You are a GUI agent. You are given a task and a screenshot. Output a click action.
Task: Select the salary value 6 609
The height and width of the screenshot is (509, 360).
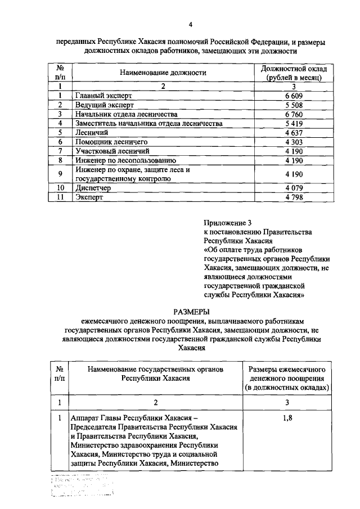(294, 96)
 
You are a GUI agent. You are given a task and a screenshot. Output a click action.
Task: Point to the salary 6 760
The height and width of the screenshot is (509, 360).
(294, 114)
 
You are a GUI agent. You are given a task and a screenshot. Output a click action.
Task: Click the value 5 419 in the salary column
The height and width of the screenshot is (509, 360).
(294, 123)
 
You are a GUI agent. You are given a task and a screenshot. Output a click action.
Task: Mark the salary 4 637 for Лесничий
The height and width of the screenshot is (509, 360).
(294, 133)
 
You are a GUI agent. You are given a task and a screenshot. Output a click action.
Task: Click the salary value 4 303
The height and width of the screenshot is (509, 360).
(294, 142)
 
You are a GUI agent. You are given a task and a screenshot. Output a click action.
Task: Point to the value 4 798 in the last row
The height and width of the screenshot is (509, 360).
(294, 197)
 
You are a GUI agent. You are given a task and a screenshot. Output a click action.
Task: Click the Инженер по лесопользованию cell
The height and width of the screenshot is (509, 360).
(122, 160)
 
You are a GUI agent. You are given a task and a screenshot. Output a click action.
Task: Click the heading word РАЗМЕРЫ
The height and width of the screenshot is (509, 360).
(191, 312)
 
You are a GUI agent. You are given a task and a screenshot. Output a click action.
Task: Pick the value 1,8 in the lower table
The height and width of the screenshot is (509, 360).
(286, 418)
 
